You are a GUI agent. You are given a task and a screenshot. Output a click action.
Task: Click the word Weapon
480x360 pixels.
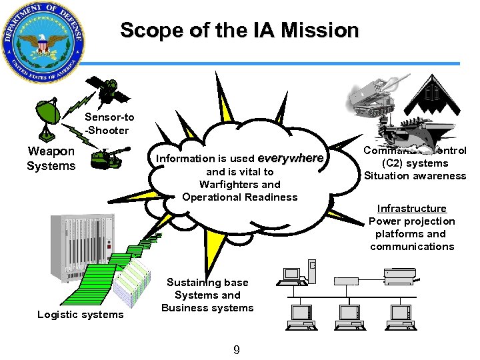point(51,151)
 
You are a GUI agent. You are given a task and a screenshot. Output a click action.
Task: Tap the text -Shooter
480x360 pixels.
point(107,130)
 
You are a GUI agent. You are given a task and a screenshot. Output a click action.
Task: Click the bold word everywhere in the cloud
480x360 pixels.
point(290,159)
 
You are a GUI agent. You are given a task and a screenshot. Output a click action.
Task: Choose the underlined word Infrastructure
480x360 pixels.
point(411,209)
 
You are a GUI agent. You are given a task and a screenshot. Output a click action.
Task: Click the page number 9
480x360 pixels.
point(236,349)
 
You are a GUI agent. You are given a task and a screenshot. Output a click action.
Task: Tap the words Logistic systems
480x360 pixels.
point(81,315)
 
